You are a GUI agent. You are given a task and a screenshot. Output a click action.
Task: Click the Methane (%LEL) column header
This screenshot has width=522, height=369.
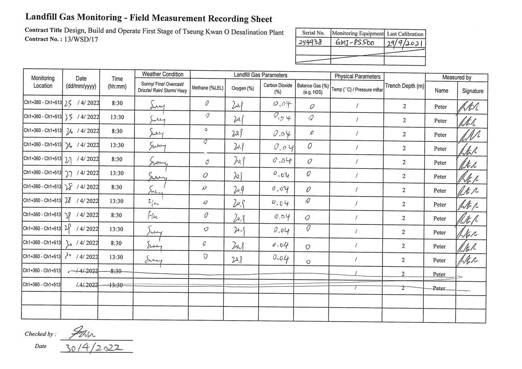pos(207,88)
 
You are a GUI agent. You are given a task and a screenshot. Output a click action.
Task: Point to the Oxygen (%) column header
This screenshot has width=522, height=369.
pos(242,88)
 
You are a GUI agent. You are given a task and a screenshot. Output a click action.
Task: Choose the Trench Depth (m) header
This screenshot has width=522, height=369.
pos(404,86)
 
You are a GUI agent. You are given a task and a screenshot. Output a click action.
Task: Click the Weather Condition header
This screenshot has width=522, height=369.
pos(162,74)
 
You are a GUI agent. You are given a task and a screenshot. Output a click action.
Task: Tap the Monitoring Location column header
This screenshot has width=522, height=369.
pos(43,82)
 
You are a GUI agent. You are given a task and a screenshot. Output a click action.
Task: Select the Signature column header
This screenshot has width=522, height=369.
pos(473,91)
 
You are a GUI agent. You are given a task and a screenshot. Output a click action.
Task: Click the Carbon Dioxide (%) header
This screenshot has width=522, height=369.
pos(277,88)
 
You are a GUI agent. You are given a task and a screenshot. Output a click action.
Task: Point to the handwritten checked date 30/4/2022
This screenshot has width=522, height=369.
pos(95,347)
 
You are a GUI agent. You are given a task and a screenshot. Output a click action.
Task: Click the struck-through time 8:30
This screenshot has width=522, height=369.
pos(117,271)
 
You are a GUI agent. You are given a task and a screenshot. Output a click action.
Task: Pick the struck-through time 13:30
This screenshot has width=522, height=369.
pos(117,285)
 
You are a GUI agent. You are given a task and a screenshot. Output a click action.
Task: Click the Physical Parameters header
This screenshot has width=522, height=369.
pos(357,76)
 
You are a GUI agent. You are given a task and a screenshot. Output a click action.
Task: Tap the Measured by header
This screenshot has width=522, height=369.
pos(456,78)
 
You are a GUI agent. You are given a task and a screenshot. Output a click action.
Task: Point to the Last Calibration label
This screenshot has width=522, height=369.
pos(405,34)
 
